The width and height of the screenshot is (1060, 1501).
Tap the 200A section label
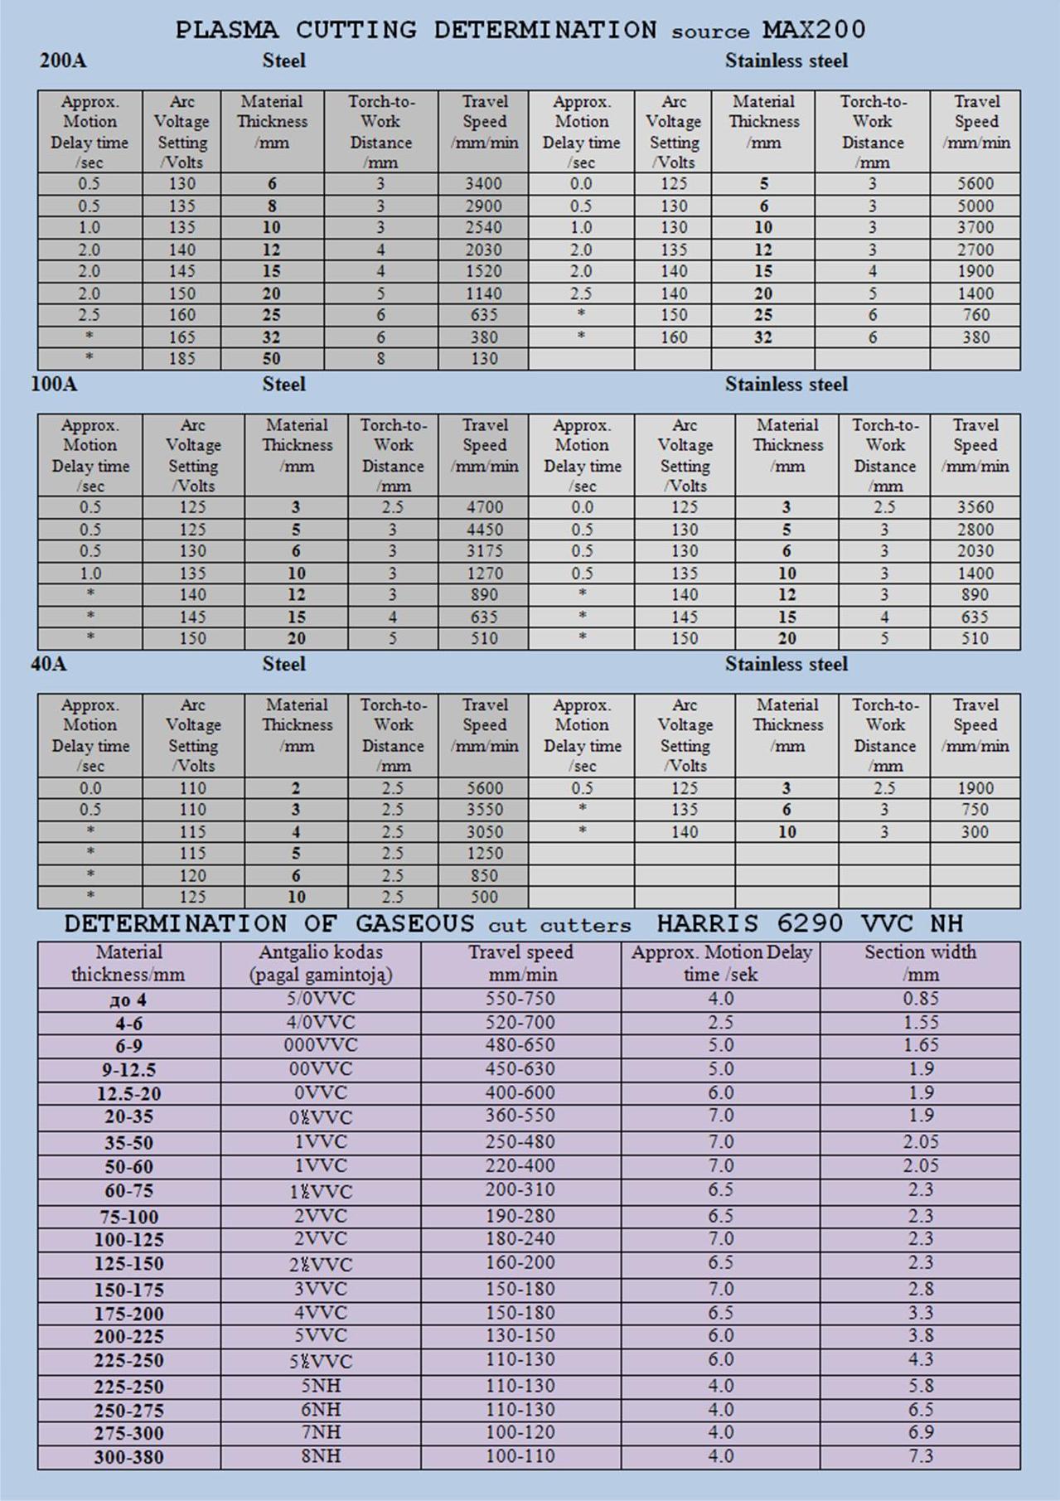(x=62, y=61)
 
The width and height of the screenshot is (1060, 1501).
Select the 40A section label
(x=49, y=664)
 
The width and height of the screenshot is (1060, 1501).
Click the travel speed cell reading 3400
(x=483, y=184)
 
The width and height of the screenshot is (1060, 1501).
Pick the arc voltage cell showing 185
(x=182, y=359)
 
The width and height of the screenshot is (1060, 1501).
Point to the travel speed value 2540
(x=483, y=228)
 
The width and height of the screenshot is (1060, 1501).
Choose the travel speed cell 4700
(x=484, y=507)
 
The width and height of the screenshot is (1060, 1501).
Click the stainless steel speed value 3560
(x=975, y=507)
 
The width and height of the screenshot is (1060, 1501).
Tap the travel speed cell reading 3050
(x=484, y=831)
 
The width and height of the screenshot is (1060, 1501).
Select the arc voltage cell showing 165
(x=182, y=337)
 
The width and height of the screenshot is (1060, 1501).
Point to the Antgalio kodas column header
(x=321, y=963)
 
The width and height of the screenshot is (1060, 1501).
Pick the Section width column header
(x=920, y=963)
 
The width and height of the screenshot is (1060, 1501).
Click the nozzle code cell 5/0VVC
(x=321, y=1000)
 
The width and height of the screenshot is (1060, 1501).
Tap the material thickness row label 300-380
(x=128, y=1457)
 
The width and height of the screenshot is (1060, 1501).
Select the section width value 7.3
(x=921, y=1456)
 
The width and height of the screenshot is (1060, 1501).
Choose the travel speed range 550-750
(x=520, y=1000)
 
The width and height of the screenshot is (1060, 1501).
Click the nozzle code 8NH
(x=321, y=1456)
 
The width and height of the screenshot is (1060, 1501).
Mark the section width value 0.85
(x=921, y=1000)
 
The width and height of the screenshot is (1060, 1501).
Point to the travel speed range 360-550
(x=520, y=1116)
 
